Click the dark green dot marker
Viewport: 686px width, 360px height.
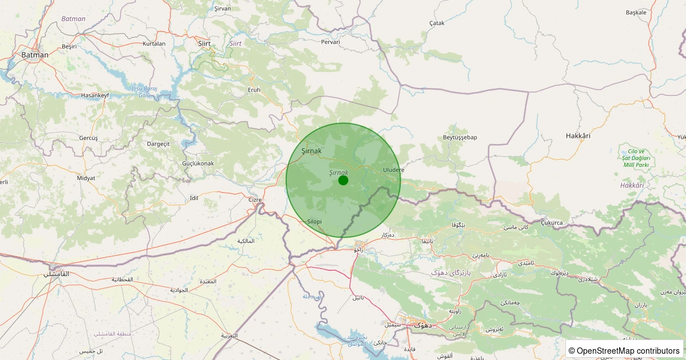pos(343,181)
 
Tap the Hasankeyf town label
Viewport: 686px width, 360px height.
pos(94,95)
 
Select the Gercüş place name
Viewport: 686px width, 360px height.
pos(89,138)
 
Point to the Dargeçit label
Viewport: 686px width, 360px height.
pos(158,144)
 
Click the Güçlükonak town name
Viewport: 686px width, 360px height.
pos(198,163)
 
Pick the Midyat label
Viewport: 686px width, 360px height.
pos(86,178)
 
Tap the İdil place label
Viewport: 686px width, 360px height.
pos(193,198)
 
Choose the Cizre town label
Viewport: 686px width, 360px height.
pos(254,200)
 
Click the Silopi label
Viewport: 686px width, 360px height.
pos(314,221)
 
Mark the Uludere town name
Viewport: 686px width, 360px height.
pos(393,170)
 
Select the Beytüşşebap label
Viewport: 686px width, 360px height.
pos(460,137)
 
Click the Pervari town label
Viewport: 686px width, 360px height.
pos(330,42)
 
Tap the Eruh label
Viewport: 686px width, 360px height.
pos(254,90)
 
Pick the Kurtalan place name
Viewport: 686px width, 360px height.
pos(154,43)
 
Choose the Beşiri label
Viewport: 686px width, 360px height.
pos(69,46)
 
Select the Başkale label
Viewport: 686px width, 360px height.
pos(636,12)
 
